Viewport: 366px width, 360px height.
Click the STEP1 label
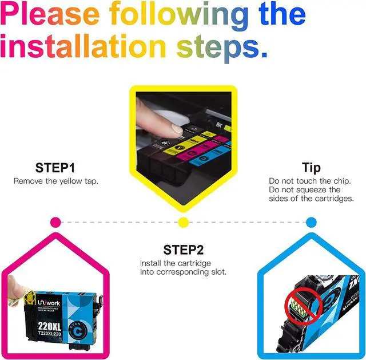click(55, 168)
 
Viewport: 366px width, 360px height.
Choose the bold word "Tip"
click(312, 168)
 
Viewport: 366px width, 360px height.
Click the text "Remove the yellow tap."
click(55, 181)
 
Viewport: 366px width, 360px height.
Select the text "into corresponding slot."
click(183, 272)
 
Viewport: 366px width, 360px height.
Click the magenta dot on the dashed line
click(55, 221)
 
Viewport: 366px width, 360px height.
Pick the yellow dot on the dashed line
click(183, 221)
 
